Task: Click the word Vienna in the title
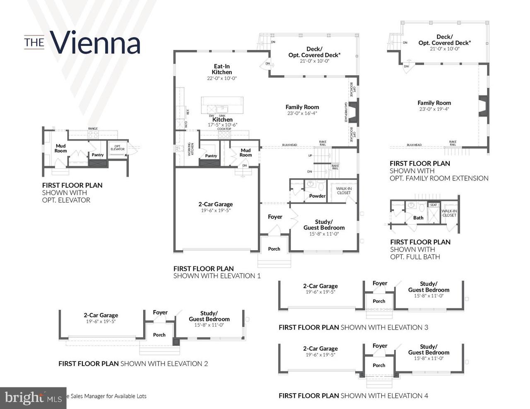[95, 43]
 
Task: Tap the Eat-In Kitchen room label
[222, 69]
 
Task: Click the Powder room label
[317, 196]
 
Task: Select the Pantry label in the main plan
[211, 156]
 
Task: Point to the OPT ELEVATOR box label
[118, 148]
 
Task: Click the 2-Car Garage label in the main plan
[215, 204]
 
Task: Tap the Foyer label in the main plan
[275, 217]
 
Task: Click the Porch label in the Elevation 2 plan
[159, 335]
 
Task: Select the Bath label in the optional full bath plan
[418, 218]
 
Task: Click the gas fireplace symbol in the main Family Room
[353, 112]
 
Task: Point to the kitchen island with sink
[222, 105]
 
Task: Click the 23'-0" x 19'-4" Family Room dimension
[434, 109]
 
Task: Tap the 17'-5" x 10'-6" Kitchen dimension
[222, 124]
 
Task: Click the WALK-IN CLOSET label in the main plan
[344, 191]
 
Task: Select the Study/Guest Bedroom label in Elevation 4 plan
[429, 349]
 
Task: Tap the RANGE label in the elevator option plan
[93, 129]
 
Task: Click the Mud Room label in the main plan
[246, 153]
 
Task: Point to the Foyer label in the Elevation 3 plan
[380, 283]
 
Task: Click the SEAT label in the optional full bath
[433, 205]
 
